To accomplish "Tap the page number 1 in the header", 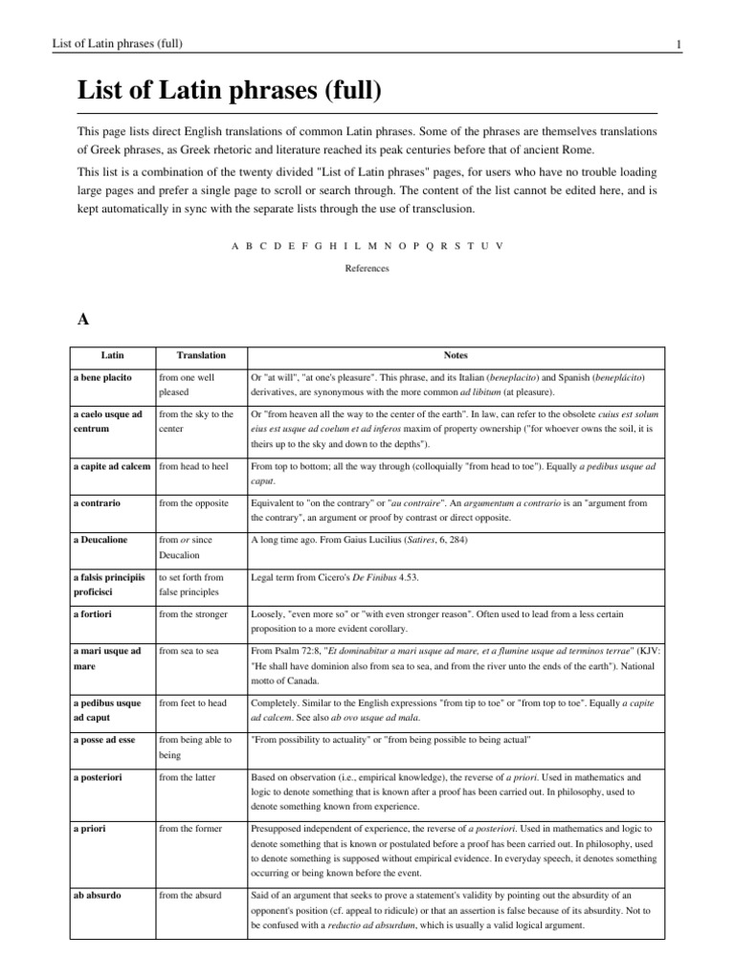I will pos(678,43).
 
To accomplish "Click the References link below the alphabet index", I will pos(367,269).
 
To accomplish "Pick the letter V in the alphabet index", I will pos(499,246).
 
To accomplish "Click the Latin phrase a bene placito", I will pos(102,378).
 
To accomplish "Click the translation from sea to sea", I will pos(189,651).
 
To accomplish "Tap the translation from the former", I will pos(191,827).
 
